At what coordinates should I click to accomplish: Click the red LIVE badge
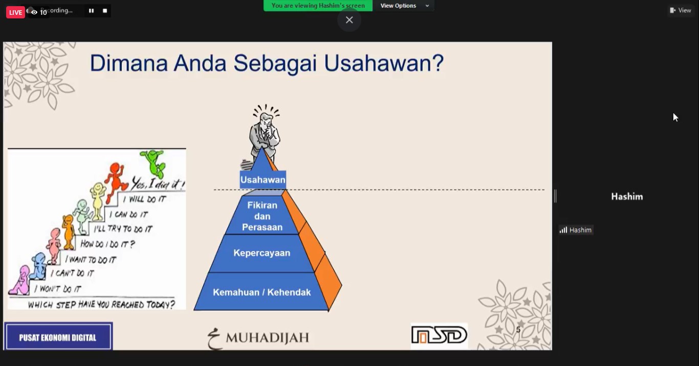15,12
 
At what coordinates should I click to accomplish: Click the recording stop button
105,11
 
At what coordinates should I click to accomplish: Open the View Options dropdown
404,6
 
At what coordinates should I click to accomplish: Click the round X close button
349,20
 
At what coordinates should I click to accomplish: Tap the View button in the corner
681,10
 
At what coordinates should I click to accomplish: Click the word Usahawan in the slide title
384,63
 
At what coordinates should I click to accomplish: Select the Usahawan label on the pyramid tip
263,179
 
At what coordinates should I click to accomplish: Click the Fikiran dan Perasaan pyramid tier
262,216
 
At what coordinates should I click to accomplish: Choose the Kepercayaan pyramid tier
262,253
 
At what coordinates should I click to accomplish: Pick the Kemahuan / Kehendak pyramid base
262,292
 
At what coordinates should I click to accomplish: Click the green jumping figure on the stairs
154,164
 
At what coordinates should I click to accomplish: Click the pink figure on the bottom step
20,280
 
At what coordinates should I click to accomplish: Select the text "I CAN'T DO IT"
72,273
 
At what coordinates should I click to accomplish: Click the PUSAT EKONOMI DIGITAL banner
58,336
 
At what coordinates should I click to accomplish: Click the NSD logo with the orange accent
439,335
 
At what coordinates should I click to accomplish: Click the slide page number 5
518,330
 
